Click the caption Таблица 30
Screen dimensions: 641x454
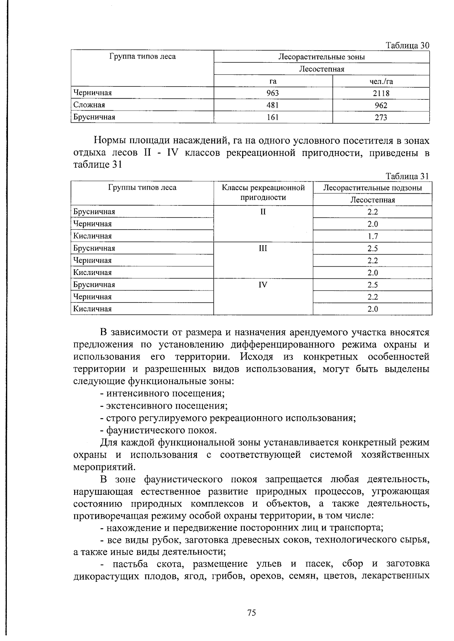(407, 46)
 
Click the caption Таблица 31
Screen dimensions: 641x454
(407, 176)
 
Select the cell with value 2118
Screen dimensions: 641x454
(381, 93)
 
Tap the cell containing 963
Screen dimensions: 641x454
(273, 93)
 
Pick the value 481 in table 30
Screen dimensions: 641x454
(273, 105)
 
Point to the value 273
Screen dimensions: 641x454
(381, 117)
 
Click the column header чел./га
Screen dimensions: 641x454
(381, 81)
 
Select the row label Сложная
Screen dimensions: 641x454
(89, 105)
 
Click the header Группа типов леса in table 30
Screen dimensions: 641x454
(143, 57)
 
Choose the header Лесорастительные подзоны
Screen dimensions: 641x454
(372, 188)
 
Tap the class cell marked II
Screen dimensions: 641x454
(263, 212)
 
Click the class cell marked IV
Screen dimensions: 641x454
(263, 285)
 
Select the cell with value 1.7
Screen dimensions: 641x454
(372, 236)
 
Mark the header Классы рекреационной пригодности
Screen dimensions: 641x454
(263, 192)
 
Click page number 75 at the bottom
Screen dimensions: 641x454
(252, 613)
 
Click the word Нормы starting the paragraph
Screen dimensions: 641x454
(110, 141)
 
